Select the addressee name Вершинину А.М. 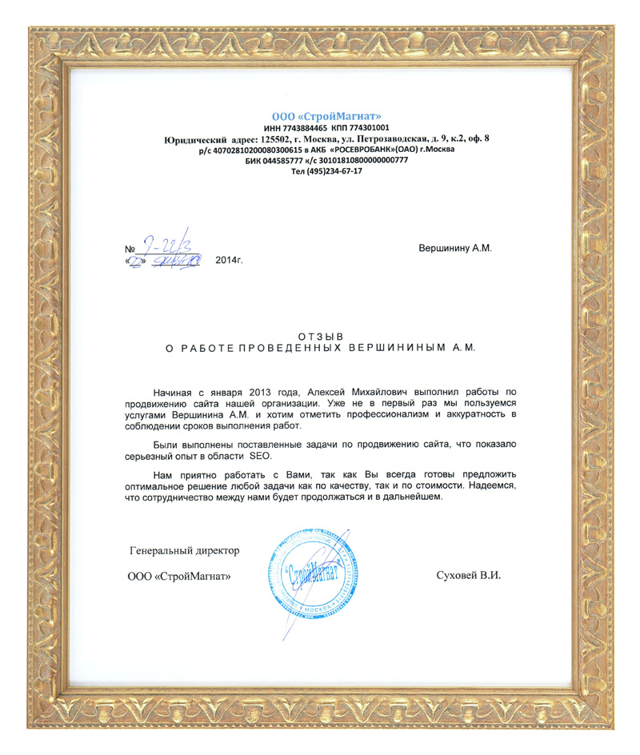[x=454, y=248]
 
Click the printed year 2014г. [x=229, y=262]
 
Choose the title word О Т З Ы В [x=320, y=337]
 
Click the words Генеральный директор [x=185, y=550]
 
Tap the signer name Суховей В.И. [x=468, y=576]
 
